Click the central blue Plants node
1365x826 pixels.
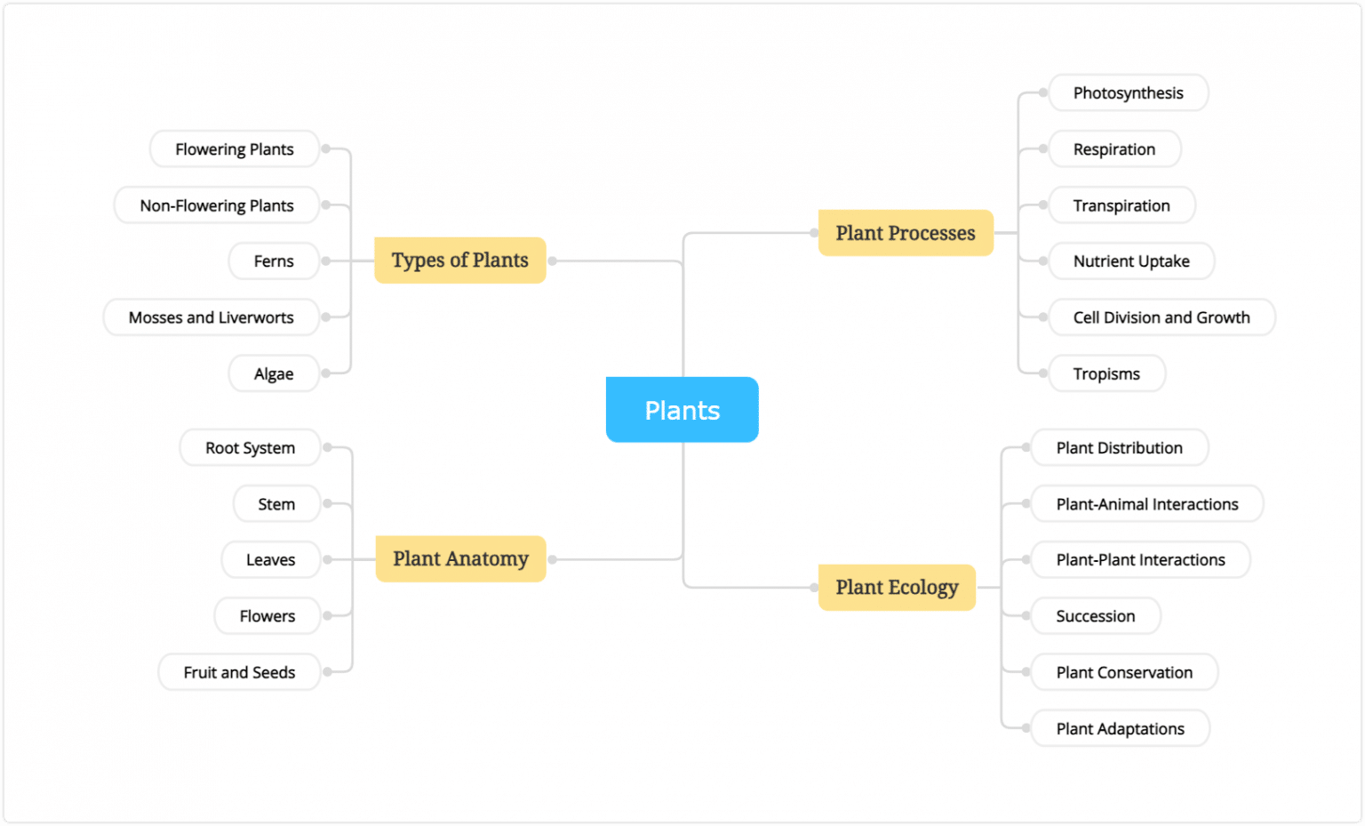pos(682,410)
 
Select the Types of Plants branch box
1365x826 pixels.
pos(459,261)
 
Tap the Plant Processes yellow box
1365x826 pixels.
pos(905,233)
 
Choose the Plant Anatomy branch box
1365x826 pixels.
pos(460,559)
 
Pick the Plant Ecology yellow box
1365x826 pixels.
pos(897,587)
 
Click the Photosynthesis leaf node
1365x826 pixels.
pos(1128,93)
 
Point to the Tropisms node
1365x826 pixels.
pos(1106,374)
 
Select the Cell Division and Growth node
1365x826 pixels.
pos(1161,317)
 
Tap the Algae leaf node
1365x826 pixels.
pos(274,374)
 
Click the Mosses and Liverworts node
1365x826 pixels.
pos(212,317)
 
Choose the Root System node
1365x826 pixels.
pos(250,448)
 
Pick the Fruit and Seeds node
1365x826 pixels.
pos(239,672)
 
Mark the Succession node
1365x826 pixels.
pos(1095,616)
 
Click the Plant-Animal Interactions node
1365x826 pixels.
pos(1146,504)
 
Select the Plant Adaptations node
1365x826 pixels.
pos(1120,729)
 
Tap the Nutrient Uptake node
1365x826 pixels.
pos(1130,261)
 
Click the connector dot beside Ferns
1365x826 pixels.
pos(326,261)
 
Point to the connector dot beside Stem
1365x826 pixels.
pos(327,504)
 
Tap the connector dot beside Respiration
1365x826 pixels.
pos(1043,149)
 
